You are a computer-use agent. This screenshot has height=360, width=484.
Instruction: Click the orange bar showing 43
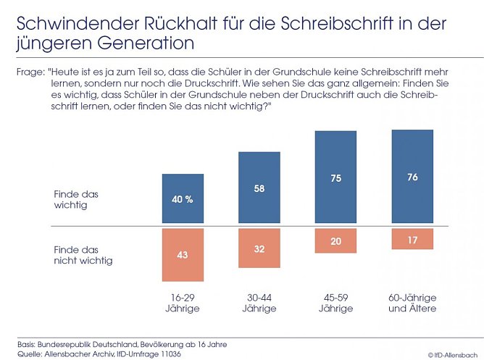coord(183,254)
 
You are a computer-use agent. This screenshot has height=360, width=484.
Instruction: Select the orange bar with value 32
coord(259,248)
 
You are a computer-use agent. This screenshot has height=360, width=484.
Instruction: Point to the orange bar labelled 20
coord(335,240)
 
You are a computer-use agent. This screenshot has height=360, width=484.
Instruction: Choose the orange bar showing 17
coord(412,239)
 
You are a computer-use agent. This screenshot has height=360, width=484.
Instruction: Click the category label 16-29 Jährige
coord(183,303)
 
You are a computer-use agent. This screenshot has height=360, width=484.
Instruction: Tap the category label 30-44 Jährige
coord(259,303)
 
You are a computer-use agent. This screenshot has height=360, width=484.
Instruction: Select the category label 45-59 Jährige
coord(335,303)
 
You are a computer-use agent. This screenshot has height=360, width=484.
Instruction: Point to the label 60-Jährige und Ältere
coord(412,303)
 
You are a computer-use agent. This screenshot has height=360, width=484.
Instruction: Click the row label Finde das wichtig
coord(76,199)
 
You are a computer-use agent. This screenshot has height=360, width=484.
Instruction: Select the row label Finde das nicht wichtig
coord(83,254)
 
